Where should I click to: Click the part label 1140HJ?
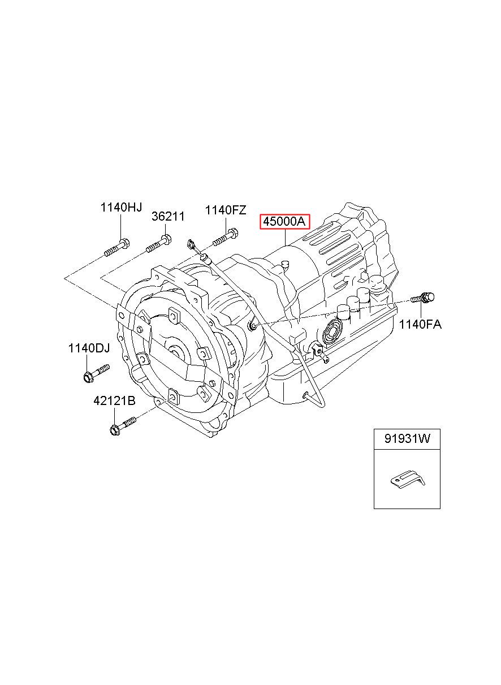pyautogui.click(x=121, y=208)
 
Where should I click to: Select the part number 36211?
pyautogui.click(x=168, y=216)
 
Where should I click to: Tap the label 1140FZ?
pyautogui.click(x=225, y=210)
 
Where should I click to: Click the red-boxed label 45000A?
pyautogui.click(x=284, y=221)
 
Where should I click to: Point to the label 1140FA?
pyautogui.click(x=420, y=324)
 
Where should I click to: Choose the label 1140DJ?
pyautogui.click(x=89, y=348)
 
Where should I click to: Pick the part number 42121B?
pyautogui.click(x=114, y=400)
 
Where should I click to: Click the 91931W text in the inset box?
pyautogui.click(x=407, y=439)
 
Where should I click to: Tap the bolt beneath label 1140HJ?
pyautogui.click(x=116, y=248)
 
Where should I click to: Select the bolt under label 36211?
pyautogui.click(x=159, y=243)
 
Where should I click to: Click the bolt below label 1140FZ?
pyautogui.click(x=226, y=238)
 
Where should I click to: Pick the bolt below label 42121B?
pyautogui.click(x=123, y=425)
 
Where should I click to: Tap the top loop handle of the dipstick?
pyautogui.click(x=191, y=244)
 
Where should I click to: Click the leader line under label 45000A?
pyautogui.click(x=285, y=238)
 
